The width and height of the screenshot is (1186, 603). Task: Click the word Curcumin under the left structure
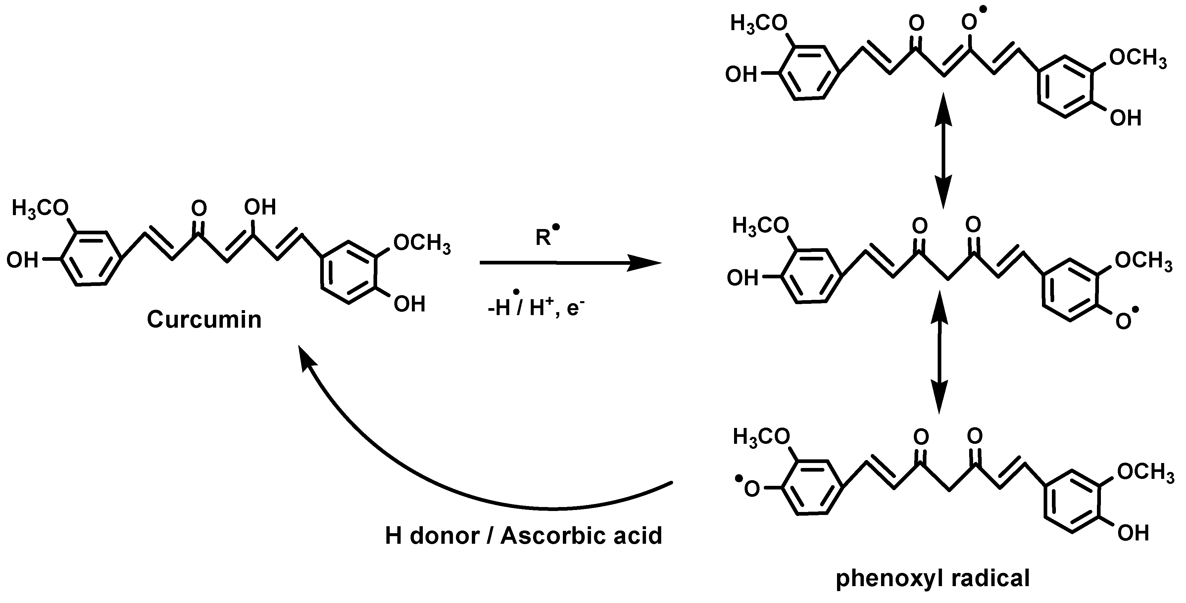click(204, 319)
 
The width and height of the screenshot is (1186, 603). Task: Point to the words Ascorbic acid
click(581, 536)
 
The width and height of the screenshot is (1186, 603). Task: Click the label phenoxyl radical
click(932, 579)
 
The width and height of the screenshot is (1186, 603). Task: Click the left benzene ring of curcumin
click(91, 259)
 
